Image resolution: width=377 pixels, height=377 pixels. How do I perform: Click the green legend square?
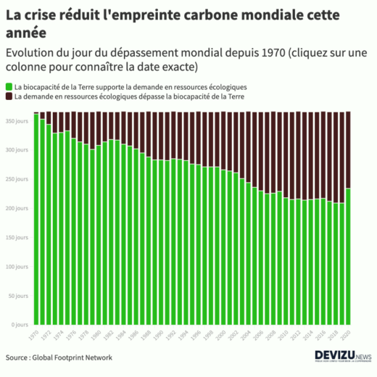[x=9, y=87]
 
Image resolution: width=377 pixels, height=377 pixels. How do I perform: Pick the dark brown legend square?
[x=9, y=96]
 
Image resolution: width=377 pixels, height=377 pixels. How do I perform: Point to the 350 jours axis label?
[x=17, y=121]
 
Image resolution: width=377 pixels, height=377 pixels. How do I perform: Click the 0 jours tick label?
[x=20, y=325]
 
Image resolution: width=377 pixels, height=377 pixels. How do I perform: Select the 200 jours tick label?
[x=17, y=208]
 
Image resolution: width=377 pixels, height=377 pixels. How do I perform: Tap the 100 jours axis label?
[x=17, y=267]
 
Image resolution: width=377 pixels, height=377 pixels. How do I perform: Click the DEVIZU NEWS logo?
[x=343, y=356]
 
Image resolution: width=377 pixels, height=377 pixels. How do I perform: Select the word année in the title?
[x=26, y=33]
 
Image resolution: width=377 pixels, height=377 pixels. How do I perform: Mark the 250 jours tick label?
[x=17, y=179]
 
